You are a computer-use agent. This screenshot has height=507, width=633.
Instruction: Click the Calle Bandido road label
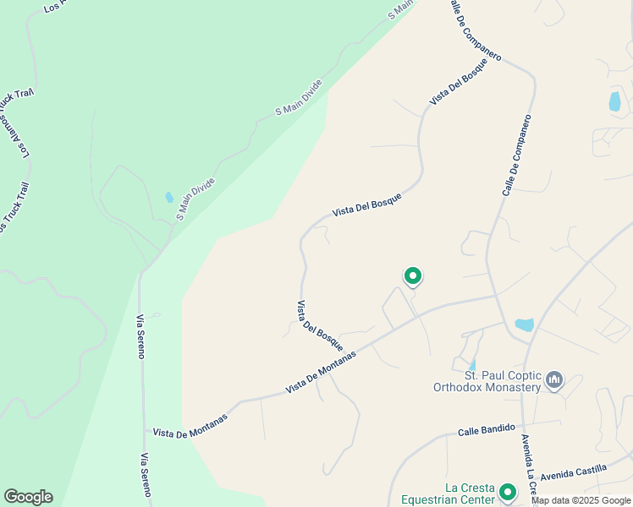[x=486, y=430]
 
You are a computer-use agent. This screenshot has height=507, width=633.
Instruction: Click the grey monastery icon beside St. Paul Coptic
[x=554, y=380]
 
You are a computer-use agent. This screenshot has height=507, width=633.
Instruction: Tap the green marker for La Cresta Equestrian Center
[x=508, y=492]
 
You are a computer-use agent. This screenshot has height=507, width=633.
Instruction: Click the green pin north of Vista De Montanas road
[x=413, y=276]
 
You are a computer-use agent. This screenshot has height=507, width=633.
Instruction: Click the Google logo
[x=28, y=497]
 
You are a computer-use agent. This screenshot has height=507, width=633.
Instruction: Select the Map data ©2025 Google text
[x=581, y=500]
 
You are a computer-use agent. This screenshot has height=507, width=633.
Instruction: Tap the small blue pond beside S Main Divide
[x=169, y=198]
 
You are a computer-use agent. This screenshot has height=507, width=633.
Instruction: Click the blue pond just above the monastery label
[x=525, y=324]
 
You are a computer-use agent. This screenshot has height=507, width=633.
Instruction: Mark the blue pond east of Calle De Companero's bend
[x=614, y=101]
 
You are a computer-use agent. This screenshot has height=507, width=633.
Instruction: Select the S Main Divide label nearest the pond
[x=195, y=199]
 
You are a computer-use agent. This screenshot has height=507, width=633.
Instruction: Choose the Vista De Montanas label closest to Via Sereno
[x=190, y=426]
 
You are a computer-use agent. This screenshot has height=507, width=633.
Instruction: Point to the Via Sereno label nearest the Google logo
[x=146, y=476]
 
